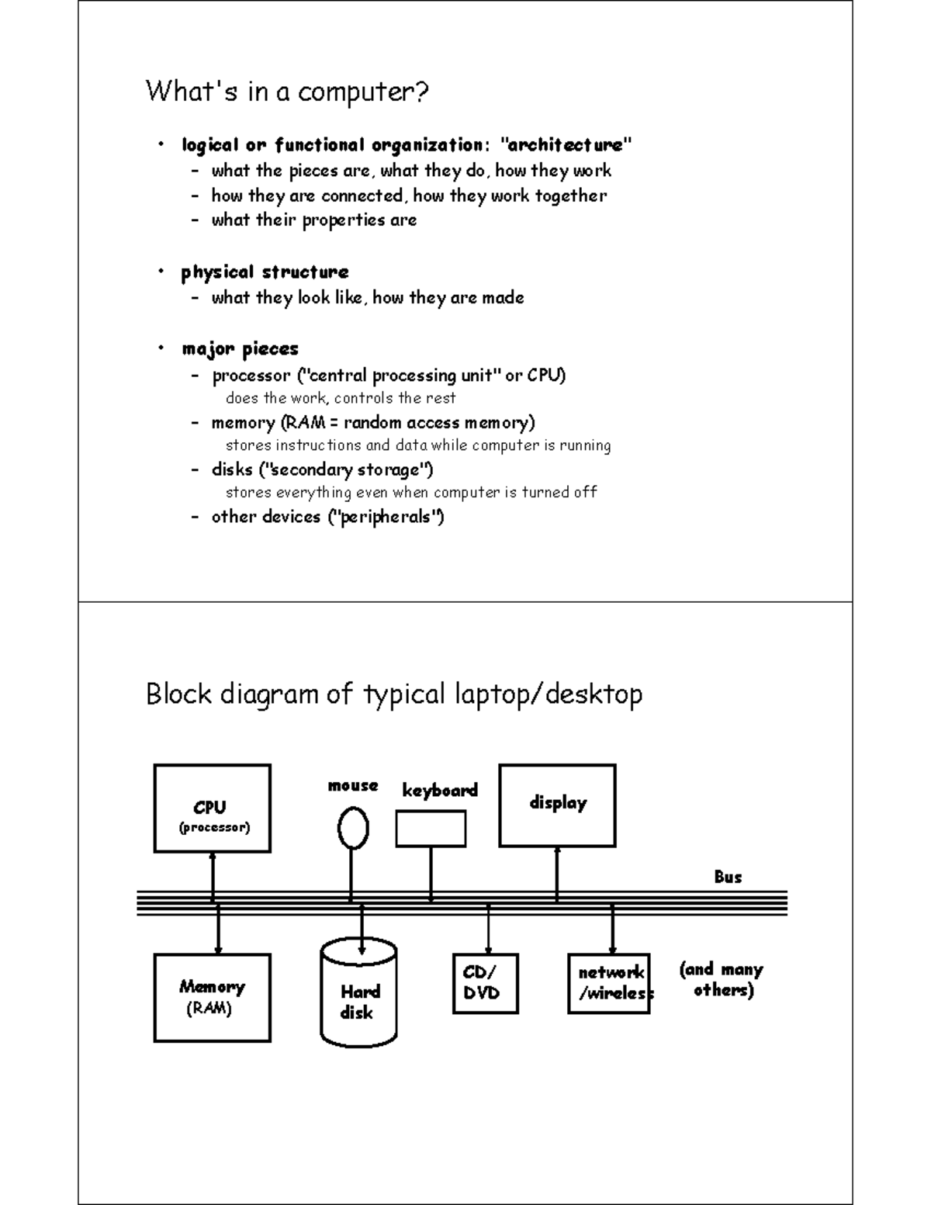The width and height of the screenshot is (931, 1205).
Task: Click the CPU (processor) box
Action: coord(212,808)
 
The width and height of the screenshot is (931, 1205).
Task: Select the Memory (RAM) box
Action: coord(212,997)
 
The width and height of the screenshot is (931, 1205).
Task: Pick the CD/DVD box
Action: coord(485,983)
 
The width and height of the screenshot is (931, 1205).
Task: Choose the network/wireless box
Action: coord(609,983)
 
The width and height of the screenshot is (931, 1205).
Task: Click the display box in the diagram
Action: coord(557,805)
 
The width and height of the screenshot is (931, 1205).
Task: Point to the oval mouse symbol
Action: coord(353,829)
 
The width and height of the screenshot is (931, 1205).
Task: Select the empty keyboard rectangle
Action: coord(431,829)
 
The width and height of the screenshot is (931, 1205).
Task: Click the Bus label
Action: coord(728,877)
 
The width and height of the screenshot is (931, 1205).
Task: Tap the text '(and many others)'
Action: coord(721,979)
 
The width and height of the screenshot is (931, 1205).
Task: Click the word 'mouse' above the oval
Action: coord(353,785)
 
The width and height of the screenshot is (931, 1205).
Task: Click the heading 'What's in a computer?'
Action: coord(287,92)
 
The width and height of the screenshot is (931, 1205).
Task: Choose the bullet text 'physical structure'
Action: coord(265,272)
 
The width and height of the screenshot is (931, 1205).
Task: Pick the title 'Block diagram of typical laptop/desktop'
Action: coord(394,694)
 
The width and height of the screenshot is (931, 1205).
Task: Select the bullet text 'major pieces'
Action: coord(240,349)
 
